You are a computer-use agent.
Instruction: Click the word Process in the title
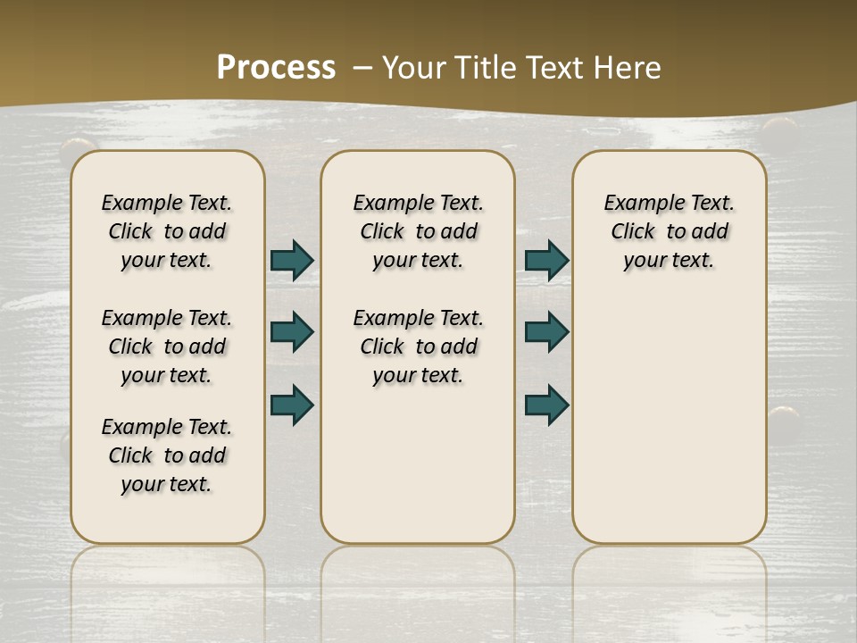tap(276, 67)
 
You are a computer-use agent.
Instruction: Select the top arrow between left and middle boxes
tap(291, 260)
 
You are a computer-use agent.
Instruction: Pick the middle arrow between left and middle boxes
tap(291, 332)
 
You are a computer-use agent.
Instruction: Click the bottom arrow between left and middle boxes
tap(291, 405)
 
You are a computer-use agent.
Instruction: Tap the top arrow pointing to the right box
tap(546, 260)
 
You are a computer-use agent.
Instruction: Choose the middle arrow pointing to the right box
tap(546, 332)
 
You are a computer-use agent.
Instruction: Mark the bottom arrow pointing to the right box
tap(546, 405)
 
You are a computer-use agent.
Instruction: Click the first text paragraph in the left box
tap(167, 231)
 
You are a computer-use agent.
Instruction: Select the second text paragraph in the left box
tap(167, 347)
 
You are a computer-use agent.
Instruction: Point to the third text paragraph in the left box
tap(167, 455)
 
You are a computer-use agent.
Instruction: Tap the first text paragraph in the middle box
tap(418, 231)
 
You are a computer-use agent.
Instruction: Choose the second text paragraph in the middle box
tap(418, 347)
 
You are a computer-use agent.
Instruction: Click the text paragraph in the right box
tap(670, 231)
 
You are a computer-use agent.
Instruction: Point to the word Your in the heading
tap(415, 67)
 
